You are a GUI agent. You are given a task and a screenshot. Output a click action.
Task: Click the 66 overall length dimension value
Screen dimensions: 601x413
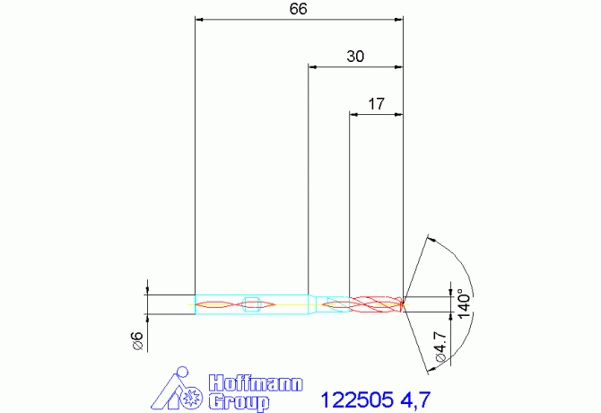[298, 9]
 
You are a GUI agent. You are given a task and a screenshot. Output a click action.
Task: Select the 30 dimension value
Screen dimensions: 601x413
[355, 57]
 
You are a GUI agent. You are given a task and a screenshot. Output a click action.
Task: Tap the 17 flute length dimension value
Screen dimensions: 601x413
[376, 104]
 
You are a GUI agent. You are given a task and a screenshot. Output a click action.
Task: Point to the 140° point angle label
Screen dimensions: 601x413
[464, 303]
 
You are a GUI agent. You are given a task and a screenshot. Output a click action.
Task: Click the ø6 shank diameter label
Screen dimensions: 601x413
[137, 341]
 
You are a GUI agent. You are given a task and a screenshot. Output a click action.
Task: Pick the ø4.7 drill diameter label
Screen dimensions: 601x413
[440, 347]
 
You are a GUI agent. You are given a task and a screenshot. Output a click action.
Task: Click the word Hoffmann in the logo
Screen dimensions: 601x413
[256, 383]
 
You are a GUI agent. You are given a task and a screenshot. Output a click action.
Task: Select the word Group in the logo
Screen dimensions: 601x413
[239, 402]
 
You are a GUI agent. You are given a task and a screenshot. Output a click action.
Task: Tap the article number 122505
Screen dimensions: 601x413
[357, 400]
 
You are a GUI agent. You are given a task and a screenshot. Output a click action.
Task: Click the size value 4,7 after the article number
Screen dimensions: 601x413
[415, 400]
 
